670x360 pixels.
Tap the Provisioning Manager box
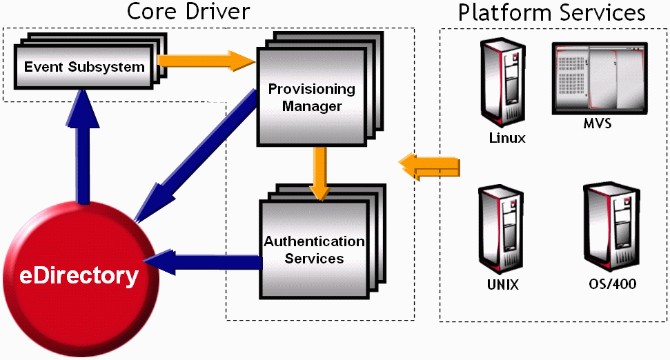311,97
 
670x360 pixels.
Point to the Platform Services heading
552,12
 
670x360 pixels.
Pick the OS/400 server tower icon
608,231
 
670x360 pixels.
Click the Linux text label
507,138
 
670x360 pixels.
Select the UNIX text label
502,285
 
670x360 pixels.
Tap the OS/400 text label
613,284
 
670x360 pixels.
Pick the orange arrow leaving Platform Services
429,166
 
